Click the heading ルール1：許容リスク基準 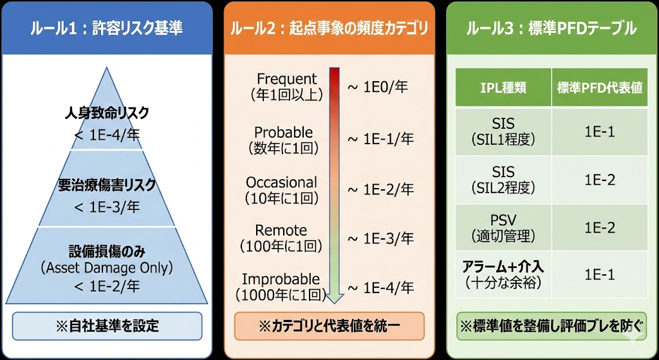(x=107, y=28)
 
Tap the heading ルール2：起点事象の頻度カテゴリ (x=329, y=28)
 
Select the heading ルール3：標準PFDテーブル (x=552, y=28)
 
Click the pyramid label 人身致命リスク (x=107, y=113)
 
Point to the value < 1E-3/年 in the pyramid (x=107, y=207)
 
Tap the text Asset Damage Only (x=107, y=267)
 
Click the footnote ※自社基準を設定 (x=107, y=326)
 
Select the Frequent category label (x=287, y=79)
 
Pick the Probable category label (x=284, y=133)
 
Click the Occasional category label (x=281, y=182)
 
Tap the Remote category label (x=281, y=231)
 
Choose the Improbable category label (x=281, y=279)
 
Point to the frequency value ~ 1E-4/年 (x=380, y=288)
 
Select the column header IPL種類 (x=503, y=88)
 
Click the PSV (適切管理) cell (x=503, y=227)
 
